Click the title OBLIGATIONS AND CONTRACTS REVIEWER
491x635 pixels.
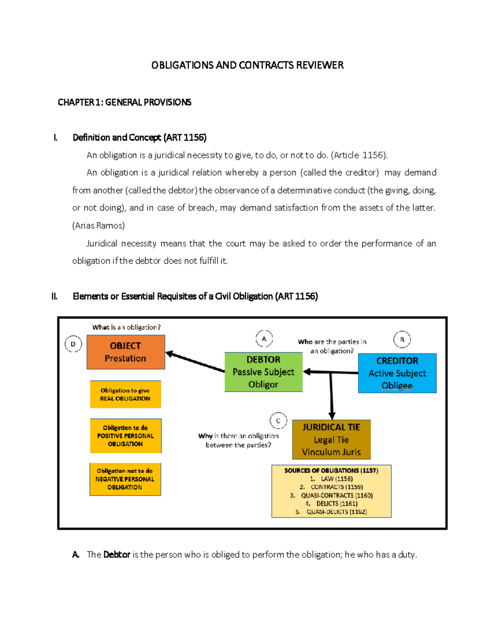pos(247,65)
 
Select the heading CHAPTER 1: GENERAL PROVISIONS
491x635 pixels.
pos(124,102)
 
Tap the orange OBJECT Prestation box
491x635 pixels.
pos(126,352)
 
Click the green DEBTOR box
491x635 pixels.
pos(263,372)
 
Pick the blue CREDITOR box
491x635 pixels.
pos(397,373)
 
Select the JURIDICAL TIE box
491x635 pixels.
pos(331,440)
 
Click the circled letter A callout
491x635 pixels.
pos(264,339)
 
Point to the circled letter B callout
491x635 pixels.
pos(402,339)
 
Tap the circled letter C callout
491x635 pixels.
pos(278,421)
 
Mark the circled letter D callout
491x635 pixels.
pos(73,344)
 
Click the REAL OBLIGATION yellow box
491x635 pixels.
pos(125,395)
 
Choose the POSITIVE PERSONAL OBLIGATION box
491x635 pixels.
pos(125,436)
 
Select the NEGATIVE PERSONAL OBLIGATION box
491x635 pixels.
pos(125,479)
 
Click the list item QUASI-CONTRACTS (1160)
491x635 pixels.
pos(336,495)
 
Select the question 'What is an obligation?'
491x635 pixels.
pos(126,327)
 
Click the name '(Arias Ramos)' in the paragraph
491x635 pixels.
pos(98,226)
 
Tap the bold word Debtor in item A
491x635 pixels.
pos(117,555)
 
